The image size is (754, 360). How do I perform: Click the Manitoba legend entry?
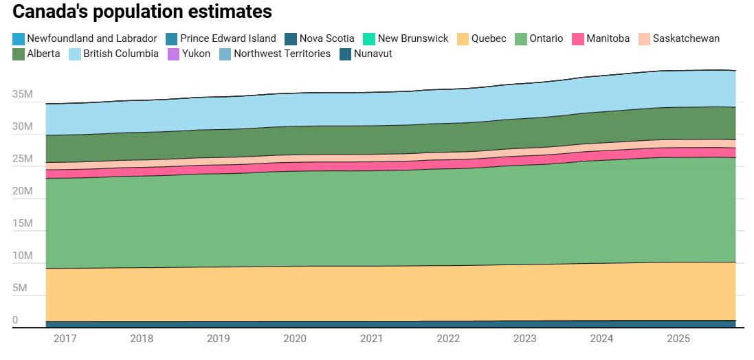pyautogui.click(x=601, y=38)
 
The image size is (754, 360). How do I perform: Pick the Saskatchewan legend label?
pyautogui.click(x=686, y=38)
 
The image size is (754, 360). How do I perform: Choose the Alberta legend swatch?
pyautogui.click(x=19, y=54)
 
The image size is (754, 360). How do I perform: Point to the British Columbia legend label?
pyautogui.click(x=121, y=54)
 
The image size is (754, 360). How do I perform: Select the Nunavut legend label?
pyautogui.click(x=373, y=54)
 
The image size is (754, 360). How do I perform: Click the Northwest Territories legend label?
pyautogui.click(x=282, y=54)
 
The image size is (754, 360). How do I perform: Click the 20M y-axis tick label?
pyautogui.click(x=22, y=192)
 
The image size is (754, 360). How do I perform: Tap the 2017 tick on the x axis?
pyautogui.click(x=65, y=339)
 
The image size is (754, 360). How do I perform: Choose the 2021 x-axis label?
pyautogui.click(x=372, y=339)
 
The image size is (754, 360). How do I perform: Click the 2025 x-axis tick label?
pyautogui.click(x=678, y=339)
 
